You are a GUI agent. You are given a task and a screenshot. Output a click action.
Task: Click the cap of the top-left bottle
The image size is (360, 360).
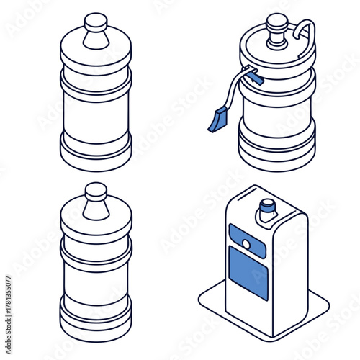96,23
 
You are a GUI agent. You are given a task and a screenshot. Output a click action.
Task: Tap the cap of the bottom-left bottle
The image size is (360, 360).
96,192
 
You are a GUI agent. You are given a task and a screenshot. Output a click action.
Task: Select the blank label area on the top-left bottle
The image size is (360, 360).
96,115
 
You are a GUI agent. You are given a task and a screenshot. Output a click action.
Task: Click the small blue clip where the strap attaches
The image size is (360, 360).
251,71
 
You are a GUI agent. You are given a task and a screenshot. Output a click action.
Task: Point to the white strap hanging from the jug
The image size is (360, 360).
230,94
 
